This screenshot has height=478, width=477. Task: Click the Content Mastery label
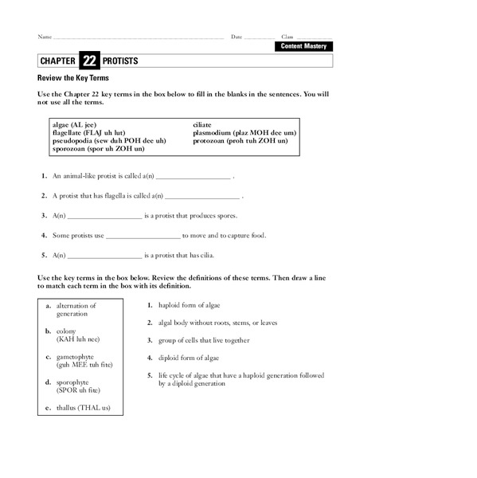point(303,46)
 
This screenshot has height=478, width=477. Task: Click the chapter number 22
point(88,61)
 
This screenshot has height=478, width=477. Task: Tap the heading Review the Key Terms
point(73,79)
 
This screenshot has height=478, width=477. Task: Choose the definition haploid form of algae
point(190,305)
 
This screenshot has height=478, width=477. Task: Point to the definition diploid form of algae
point(190,358)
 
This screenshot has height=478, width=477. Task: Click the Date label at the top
point(237,37)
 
